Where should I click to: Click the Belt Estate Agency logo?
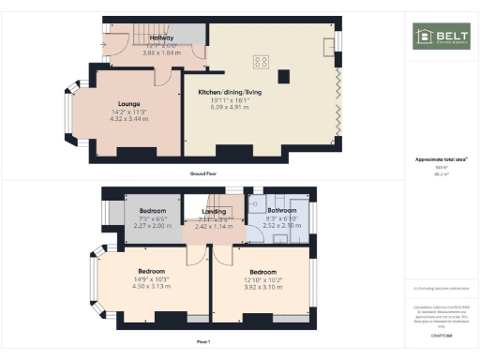[441, 37]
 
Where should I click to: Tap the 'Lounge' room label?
[129, 104]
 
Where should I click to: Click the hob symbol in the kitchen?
[261, 62]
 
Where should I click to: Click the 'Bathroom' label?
[280, 211]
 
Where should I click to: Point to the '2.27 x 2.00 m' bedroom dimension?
[152, 226]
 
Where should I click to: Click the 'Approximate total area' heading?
[442, 159]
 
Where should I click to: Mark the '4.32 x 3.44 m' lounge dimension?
[129, 120]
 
